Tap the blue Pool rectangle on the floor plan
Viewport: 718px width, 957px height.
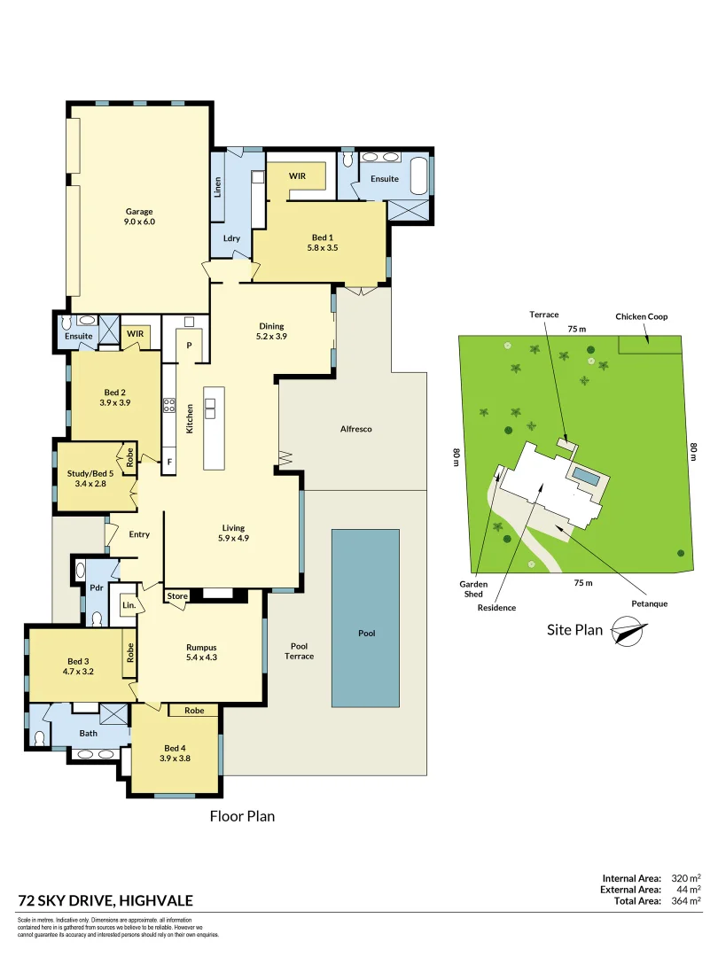pyautogui.click(x=366, y=618)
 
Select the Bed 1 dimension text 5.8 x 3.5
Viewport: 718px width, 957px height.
pyautogui.click(x=323, y=249)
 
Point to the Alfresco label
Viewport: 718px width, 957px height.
pyautogui.click(x=355, y=429)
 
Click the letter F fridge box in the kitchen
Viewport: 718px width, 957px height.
pyautogui.click(x=168, y=462)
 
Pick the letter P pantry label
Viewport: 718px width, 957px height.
pyautogui.click(x=189, y=345)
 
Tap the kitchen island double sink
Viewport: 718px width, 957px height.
pyautogui.click(x=210, y=407)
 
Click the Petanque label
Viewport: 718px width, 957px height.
pyautogui.click(x=648, y=603)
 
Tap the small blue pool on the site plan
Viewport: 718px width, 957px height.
pyautogui.click(x=585, y=477)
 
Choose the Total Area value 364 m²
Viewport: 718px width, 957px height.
pyautogui.click(x=686, y=901)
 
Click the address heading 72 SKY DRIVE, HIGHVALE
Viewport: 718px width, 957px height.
pyautogui.click(x=105, y=901)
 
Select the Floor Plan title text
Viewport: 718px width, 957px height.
pyautogui.click(x=242, y=816)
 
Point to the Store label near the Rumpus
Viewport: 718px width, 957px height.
pyautogui.click(x=177, y=596)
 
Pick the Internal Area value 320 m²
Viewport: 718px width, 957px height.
pyautogui.click(x=686, y=877)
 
